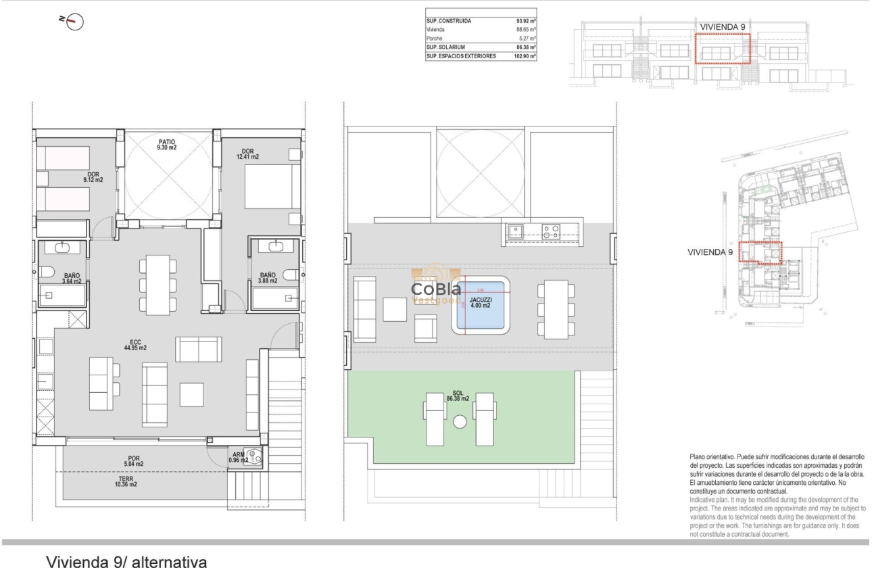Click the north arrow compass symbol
74,22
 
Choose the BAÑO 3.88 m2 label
268,278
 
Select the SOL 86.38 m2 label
458,396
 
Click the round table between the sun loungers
460,422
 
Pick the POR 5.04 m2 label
133,462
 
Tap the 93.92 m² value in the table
525,22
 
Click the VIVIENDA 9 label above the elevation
723,26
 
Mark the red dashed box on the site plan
759,252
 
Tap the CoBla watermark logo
436,289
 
